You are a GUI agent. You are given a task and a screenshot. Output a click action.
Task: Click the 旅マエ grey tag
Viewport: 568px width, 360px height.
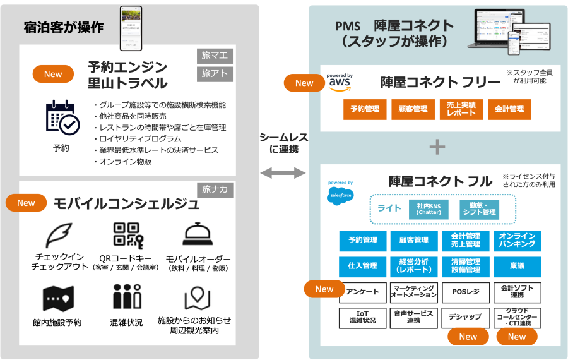point(215,56)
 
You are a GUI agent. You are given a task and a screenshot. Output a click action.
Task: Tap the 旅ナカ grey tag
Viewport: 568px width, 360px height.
point(215,188)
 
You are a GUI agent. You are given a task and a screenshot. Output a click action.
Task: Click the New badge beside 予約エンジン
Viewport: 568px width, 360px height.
point(53,74)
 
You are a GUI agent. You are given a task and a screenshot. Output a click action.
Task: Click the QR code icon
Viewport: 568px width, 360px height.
point(127,235)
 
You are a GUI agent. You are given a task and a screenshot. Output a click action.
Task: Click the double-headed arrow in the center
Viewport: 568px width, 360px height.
point(282,172)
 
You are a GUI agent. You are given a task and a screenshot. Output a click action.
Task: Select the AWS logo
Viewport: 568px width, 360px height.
point(340,83)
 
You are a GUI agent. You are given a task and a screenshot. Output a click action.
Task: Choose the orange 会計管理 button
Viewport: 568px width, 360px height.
point(509,109)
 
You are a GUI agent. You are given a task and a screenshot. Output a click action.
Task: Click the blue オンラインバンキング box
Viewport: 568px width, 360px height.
point(516,240)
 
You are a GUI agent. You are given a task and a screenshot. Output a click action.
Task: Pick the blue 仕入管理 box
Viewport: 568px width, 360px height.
point(362,265)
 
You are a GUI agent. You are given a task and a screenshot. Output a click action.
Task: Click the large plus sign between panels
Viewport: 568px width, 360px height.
point(437,147)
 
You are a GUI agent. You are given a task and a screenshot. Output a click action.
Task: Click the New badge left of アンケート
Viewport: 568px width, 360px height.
point(324,289)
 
